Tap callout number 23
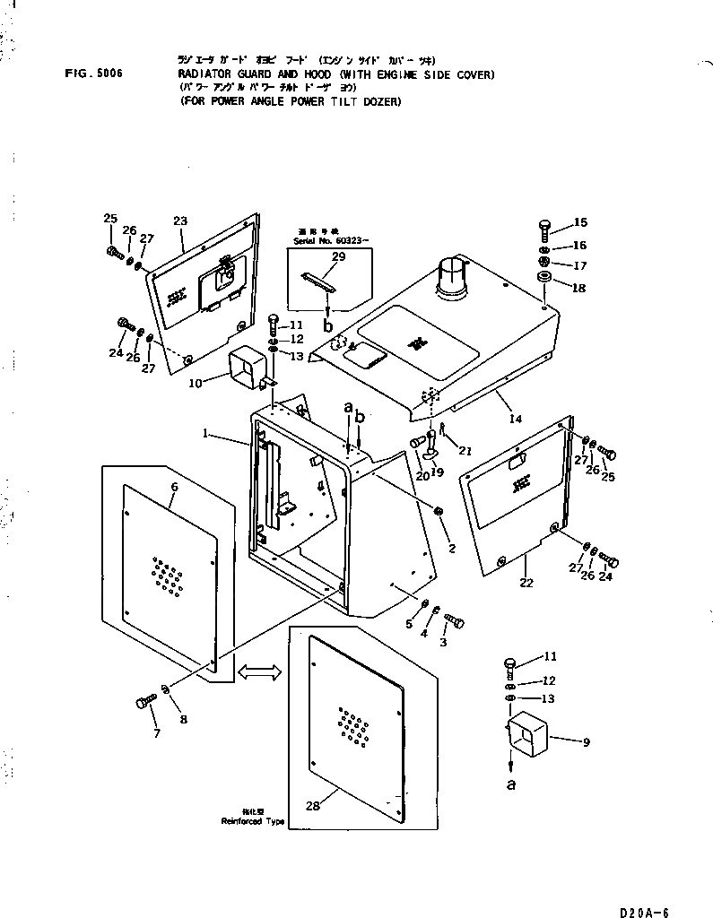(180, 221)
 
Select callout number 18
(579, 288)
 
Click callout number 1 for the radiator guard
(207, 434)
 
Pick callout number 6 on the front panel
(174, 487)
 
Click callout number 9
(586, 741)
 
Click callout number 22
(526, 584)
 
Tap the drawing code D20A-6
(643, 912)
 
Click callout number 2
(452, 548)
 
